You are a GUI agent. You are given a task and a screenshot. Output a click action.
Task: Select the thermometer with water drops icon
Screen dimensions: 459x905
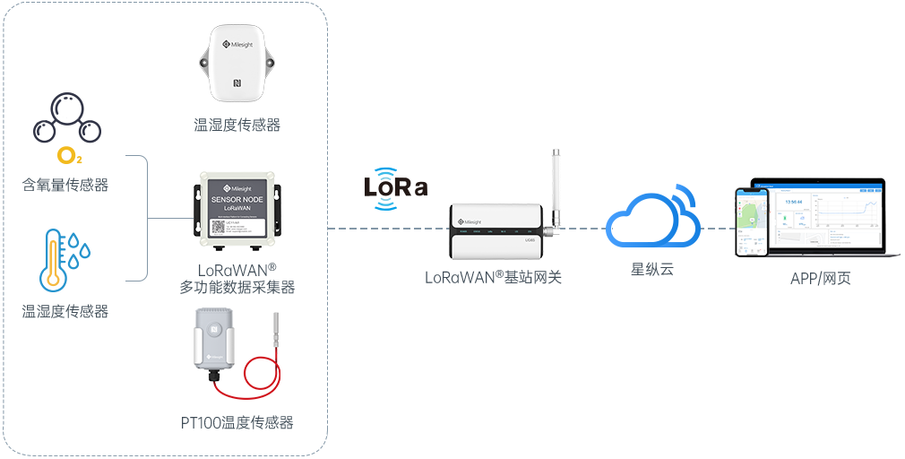pyautogui.click(x=65, y=259)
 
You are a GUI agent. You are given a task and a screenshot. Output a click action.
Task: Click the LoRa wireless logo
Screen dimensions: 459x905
pyautogui.click(x=395, y=187)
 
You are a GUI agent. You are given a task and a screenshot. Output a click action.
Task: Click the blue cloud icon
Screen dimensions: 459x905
pyautogui.click(x=652, y=219)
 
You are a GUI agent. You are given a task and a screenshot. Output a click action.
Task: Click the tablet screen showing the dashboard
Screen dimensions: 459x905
pyautogui.click(x=822, y=216)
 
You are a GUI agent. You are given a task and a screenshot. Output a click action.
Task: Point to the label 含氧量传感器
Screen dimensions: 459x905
pyautogui.click(x=65, y=186)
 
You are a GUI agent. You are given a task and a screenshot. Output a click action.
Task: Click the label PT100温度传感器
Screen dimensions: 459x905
pyautogui.click(x=237, y=422)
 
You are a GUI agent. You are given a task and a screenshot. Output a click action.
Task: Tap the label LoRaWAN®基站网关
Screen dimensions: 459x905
pyautogui.click(x=493, y=277)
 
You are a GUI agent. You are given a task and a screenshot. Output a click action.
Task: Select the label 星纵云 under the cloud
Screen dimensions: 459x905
pyautogui.click(x=652, y=269)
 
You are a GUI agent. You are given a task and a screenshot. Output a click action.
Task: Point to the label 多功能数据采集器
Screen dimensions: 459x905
pyautogui.click(x=237, y=287)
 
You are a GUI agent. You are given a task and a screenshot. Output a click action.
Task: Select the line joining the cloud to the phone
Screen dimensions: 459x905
pyautogui.click(x=717, y=228)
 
